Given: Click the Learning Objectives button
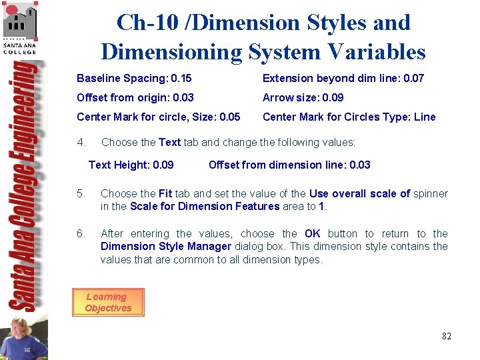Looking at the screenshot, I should click(107, 303).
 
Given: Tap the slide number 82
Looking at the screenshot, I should click(446, 336).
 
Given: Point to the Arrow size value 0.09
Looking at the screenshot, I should click(333, 98).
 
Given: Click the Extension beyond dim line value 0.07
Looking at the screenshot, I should click(413, 79).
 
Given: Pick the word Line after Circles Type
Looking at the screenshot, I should click(425, 117).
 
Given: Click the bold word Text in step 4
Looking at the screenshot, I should click(169, 143).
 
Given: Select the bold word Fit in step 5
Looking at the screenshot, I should click(165, 194).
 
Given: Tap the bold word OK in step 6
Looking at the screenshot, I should click(312, 234).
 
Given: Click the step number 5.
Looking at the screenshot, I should click(81, 194).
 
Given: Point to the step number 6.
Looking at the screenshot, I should click(81, 234).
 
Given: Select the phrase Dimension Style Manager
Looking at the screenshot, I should click(165, 247).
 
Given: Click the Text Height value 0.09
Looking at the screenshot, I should click(163, 165).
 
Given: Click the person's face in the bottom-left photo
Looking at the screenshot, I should click(18, 329).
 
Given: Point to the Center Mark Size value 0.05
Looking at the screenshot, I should click(229, 117).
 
